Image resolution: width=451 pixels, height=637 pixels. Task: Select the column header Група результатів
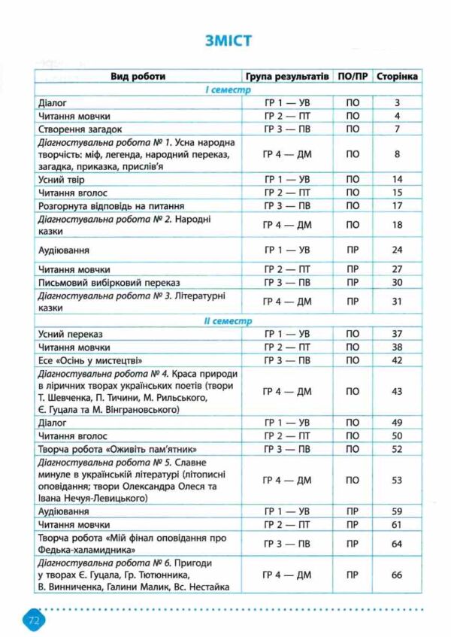[x=288, y=77]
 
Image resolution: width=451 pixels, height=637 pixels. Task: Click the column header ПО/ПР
[x=353, y=77]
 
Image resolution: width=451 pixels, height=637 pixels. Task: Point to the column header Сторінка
[x=398, y=77]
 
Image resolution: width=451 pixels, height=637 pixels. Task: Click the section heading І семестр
[x=225, y=90]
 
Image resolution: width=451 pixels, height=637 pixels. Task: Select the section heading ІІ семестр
[x=225, y=321]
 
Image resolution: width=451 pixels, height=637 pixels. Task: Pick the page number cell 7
[x=398, y=129]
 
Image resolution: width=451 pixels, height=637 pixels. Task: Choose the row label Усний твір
[x=62, y=179]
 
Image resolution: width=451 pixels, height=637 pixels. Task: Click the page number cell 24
[x=398, y=249]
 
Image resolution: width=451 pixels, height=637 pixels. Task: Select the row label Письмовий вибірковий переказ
[x=100, y=282]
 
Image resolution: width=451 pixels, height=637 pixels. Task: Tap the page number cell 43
[x=398, y=391]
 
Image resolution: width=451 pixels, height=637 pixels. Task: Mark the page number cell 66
[x=398, y=575]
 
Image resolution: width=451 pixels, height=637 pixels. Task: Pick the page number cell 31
[x=398, y=302]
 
